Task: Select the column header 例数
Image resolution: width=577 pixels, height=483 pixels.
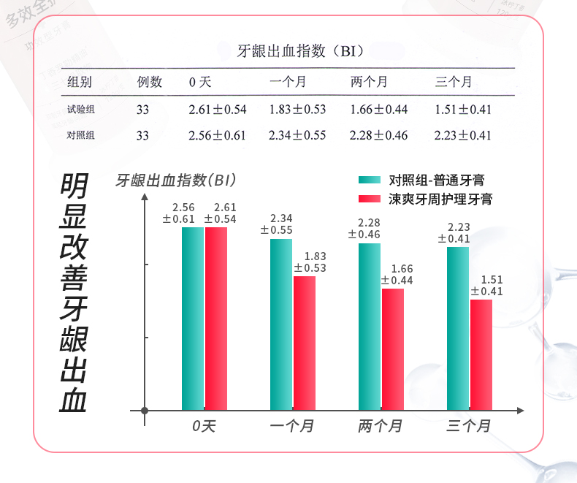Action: click(150, 82)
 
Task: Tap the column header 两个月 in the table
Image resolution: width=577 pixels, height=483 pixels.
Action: click(369, 82)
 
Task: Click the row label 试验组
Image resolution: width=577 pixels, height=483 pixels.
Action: click(81, 110)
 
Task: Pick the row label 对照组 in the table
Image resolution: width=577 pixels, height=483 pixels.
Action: click(81, 135)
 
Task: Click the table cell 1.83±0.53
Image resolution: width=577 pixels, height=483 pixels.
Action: click(297, 110)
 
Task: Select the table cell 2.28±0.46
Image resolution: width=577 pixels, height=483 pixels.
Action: click(379, 135)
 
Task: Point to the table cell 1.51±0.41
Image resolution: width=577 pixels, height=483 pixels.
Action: click(462, 110)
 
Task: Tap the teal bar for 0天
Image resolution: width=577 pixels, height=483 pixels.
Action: click(193, 319)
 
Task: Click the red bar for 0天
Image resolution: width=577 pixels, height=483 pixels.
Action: click(216, 319)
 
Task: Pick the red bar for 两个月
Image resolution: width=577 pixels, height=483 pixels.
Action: click(393, 349)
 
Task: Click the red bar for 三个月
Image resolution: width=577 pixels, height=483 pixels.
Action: click(481, 354)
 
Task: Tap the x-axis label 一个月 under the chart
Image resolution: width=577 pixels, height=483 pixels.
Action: click(291, 425)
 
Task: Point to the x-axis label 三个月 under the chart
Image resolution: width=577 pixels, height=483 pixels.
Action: click(468, 425)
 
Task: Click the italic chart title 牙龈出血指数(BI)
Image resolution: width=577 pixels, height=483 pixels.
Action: click(175, 180)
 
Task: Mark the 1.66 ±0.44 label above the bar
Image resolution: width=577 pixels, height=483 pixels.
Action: click(397, 275)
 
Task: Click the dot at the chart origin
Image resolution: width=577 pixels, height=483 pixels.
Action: click(145, 411)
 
